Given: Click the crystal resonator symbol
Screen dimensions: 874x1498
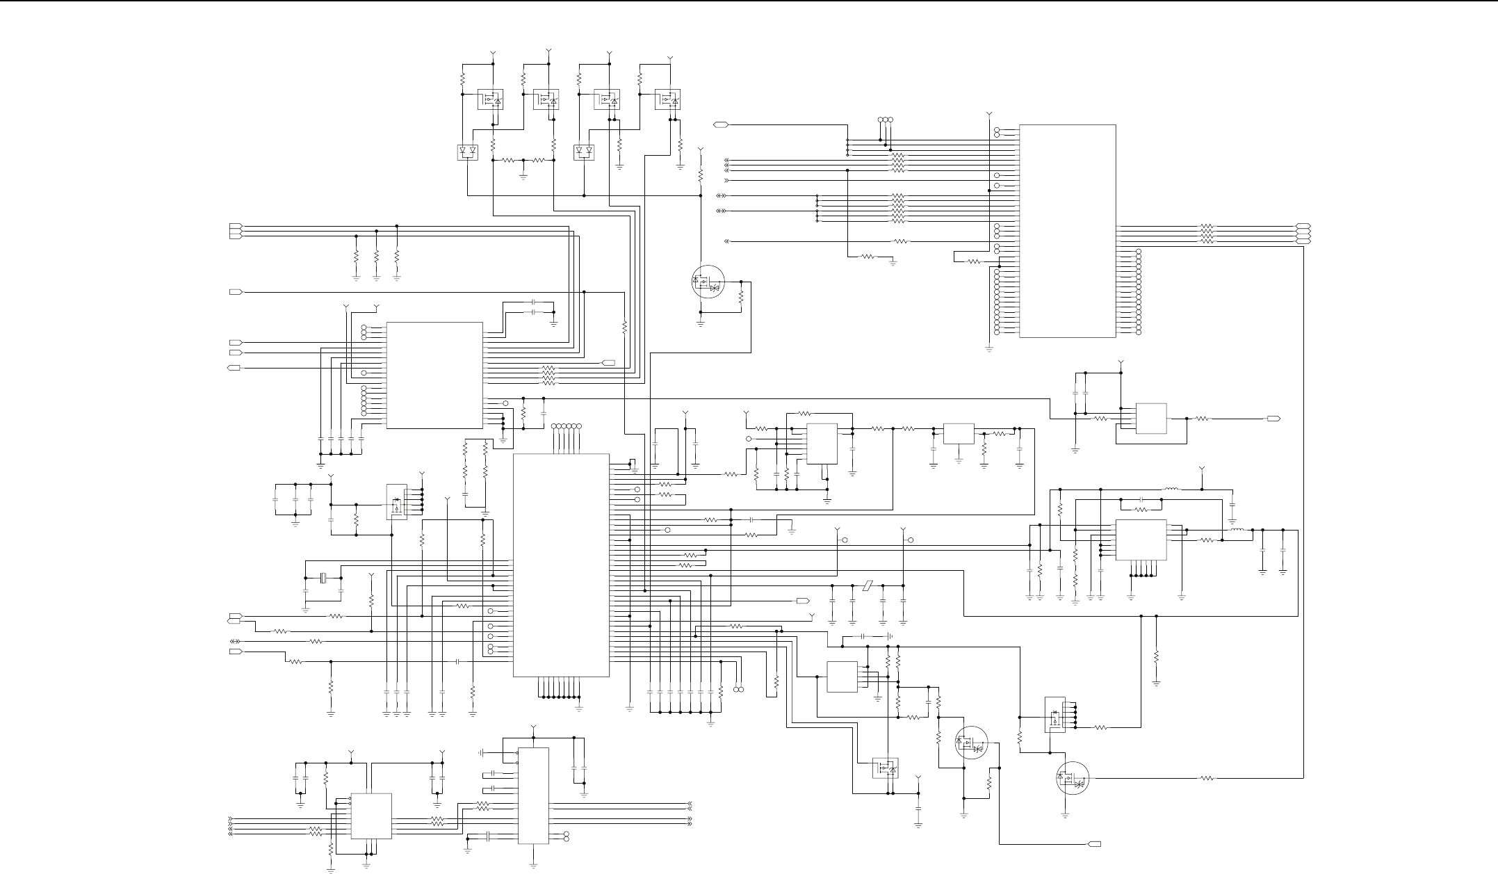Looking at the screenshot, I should tap(323, 578).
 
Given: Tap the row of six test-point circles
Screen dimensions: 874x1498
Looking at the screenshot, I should tap(566, 426).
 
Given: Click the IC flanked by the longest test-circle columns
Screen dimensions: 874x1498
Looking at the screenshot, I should tap(1067, 231).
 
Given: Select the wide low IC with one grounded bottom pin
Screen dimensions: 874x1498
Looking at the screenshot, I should tap(959, 434).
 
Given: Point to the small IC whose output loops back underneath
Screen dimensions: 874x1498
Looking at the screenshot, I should tap(1150, 419).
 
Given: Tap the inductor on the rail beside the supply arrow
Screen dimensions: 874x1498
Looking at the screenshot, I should tap(1171, 489).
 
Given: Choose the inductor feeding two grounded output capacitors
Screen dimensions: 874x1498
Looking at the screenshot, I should tap(1237, 530).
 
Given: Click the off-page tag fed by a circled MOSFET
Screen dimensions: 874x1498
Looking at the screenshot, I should tap(1093, 844).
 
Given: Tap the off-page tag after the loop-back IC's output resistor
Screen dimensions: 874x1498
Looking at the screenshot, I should tap(1273, 419).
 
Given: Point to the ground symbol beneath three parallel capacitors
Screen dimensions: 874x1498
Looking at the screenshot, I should tap(295, 523).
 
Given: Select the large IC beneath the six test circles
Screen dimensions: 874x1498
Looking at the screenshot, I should tap(561, 565).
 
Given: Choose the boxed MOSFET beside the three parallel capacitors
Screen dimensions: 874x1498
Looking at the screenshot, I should tap(396, 502).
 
